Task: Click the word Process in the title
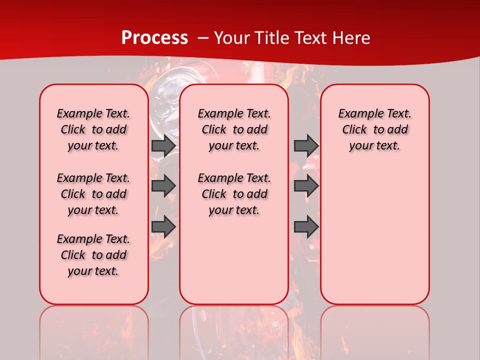coord(154,38)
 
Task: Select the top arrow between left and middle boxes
coord(163,146)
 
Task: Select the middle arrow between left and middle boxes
coord(163,185)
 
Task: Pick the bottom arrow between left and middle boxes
coord(163,227)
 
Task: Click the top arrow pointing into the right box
coord(306,145)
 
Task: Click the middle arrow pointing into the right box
coord(306,185)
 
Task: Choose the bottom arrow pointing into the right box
coord(306,227)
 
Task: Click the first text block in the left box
coord(93,129)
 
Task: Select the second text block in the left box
coord(93,194)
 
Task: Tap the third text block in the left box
coord(93,255)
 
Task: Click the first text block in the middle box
coord(234,129)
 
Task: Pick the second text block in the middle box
coord(234,194)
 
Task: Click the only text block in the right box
coord(374,129)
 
